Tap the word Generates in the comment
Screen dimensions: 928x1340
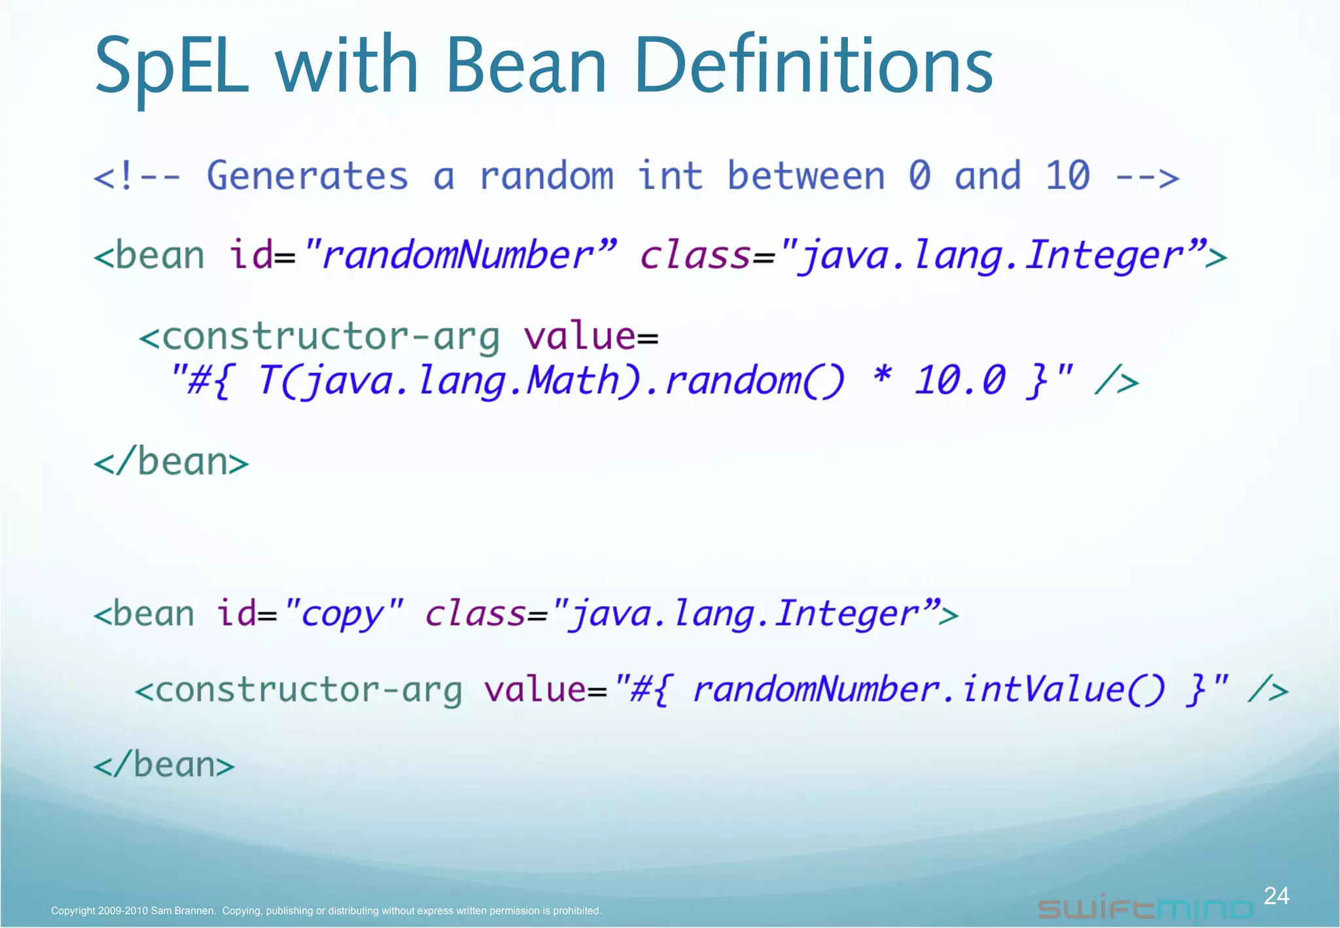point(308,176)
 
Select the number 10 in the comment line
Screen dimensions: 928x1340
point(1067,176)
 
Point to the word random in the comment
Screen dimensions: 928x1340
point(546,176)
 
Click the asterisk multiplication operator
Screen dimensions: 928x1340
point(883,378)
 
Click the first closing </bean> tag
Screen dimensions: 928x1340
point(171,463)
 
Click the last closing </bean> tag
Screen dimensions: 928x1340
point(164,765)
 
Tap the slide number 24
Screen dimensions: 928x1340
point(1276,896)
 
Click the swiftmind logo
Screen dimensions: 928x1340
point(1145,908)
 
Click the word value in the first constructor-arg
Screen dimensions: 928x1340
point(579,337)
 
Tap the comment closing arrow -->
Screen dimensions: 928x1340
point(1147,177)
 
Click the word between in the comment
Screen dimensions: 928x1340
point(805,176)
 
